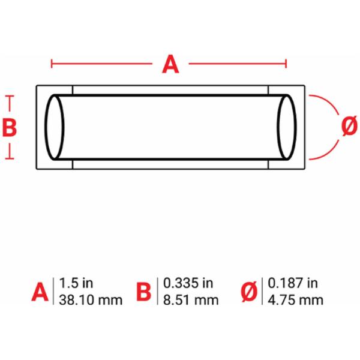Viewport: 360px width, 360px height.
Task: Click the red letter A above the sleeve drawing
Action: (x=170, y=64)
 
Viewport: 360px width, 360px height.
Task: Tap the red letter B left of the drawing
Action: (x=10, y=127)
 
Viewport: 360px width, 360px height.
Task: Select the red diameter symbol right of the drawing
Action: (x=349, y=126)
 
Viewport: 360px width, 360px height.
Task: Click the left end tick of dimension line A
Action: (x=52, y=64)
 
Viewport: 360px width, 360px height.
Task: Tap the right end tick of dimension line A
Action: (x=286, y=64)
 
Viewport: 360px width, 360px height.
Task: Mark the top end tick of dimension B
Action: (x=10, y=96)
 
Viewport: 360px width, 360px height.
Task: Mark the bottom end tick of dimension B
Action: (x=10, y=158)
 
